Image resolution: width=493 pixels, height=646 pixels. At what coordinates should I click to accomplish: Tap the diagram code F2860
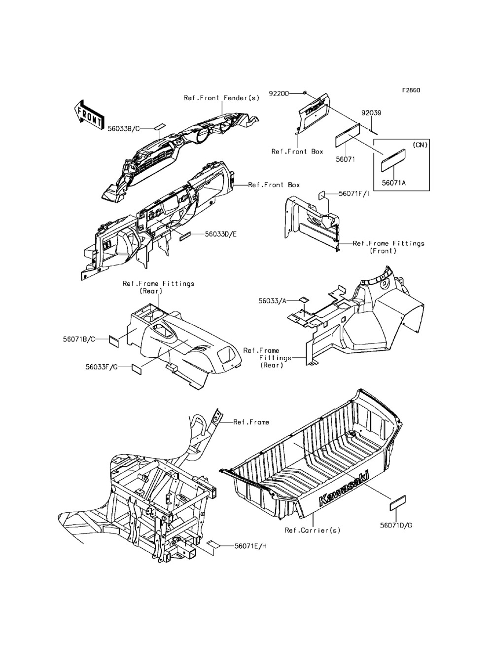[x=410, y=90]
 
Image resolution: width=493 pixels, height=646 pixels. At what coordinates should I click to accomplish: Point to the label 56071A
[x=394, y=182]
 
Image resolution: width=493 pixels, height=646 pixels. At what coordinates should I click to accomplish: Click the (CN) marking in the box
[x=420, y=145]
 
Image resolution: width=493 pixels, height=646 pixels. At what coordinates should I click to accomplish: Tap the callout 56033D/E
[x=221, y=234]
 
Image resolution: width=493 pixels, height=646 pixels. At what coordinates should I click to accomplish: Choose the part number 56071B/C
[x=79, y=339]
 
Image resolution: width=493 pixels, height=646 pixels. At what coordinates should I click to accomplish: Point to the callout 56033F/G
[x=100, y=367]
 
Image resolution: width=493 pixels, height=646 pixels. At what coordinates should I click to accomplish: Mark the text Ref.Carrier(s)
[x=313, y=531]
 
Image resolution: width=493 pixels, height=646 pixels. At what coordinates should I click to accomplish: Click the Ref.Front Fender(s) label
[x=222, y=98]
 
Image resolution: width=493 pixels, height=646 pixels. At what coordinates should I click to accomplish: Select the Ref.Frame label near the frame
[x=251, y=422]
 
